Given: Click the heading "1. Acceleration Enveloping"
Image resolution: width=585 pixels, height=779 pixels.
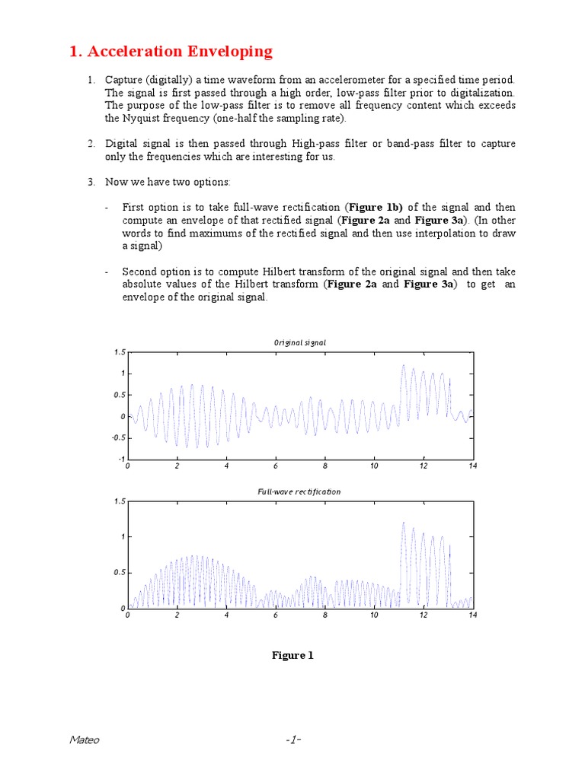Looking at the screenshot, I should coord(171,52).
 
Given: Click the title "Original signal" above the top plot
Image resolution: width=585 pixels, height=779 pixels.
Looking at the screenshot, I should coord(300,342).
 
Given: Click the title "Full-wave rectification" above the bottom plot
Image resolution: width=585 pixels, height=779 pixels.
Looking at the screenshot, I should coord(299,491).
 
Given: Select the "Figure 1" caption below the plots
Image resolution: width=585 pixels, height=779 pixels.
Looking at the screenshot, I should coord(292,655).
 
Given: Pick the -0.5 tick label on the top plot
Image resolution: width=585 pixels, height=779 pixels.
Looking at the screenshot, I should coord(118,438).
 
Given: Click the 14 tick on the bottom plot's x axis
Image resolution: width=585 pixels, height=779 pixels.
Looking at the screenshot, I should coord(472,615).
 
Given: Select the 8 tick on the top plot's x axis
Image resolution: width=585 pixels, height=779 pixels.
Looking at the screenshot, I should coord(325,466).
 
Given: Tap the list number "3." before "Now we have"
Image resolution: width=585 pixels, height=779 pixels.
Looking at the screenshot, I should coord(91,181).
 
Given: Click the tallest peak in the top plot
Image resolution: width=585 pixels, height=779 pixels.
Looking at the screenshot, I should coord(403,366).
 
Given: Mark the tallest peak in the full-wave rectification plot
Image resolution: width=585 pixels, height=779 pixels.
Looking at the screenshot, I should coord(403,523).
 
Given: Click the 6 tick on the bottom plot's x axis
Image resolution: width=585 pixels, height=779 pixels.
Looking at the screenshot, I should coord(276,615).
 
